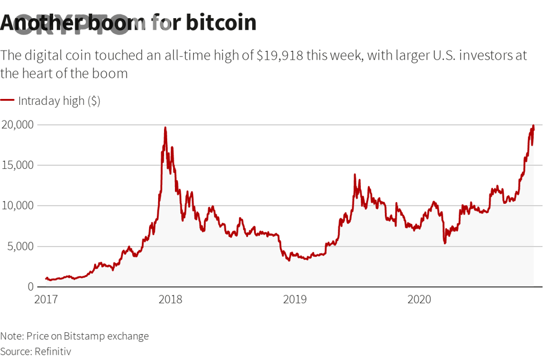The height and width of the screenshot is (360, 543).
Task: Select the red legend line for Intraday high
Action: tap(7, 101)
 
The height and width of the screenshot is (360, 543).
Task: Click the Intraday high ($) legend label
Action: tap(59, 101)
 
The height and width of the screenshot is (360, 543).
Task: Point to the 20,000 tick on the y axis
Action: tap(17, 125)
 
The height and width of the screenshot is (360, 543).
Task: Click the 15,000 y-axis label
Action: tap(17, 165)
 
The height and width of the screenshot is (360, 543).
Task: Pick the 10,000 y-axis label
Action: tap(17, 206)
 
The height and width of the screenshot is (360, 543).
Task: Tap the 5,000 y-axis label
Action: tap(20, 246)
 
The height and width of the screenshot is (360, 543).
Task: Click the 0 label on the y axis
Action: tap(30, 286)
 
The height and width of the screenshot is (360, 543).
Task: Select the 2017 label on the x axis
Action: tap(46, 299)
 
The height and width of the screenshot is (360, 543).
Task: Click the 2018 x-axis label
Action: tap(170, 299)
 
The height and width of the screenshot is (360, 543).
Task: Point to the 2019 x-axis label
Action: tap(294, 299)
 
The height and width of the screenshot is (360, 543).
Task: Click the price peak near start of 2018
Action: tap(165, 128)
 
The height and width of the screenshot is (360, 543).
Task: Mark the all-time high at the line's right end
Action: tap(533, 125)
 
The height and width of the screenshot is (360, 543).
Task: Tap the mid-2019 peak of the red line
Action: tap(355, 175)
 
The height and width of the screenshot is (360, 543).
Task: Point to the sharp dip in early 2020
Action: tap(445, 242)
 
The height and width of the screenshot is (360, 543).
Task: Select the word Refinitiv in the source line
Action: tap(52, 351)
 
